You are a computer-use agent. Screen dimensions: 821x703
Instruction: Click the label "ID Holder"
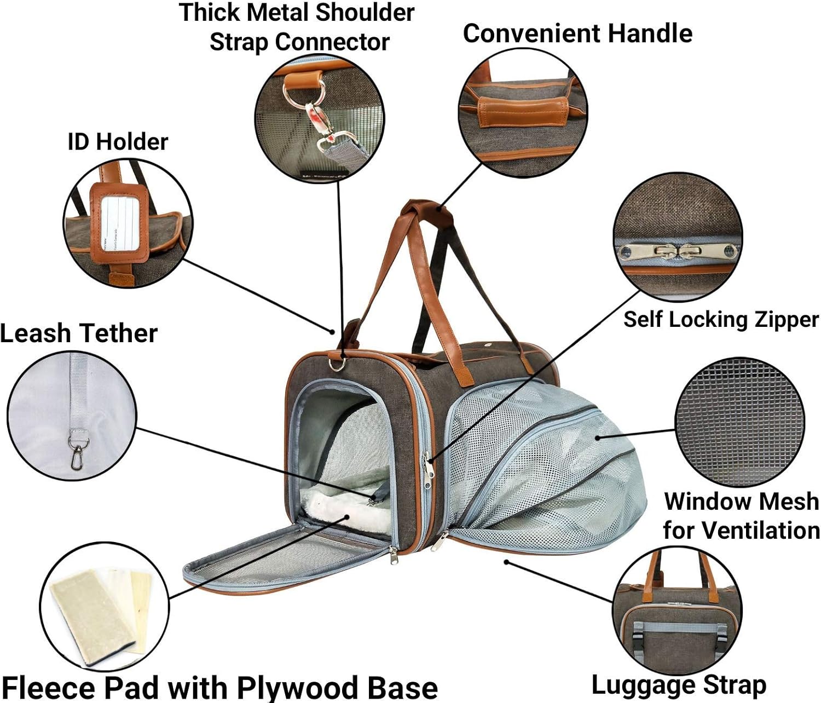pos(118,142)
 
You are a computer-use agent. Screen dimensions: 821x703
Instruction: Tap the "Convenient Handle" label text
pos(577,33)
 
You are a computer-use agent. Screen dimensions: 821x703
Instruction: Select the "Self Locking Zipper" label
pos(721,320)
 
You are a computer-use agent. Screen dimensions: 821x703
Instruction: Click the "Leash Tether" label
pos(79,333)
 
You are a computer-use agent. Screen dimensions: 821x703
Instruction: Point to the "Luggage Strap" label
pos(679,685)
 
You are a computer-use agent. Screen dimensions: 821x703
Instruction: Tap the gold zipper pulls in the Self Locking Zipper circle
pos(677,252)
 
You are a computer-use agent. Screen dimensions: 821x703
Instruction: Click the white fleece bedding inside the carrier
pos(339,506)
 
